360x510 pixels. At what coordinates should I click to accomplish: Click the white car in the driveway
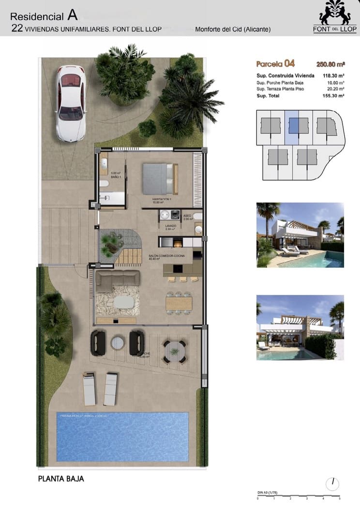pos(71,102)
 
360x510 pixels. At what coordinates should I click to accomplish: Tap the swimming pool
pos(122,436)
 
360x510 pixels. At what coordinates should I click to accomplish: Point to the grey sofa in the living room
pos(118,279)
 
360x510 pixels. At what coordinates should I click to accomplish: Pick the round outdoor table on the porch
pos(174,351)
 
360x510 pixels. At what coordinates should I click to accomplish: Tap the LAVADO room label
pos(170,226)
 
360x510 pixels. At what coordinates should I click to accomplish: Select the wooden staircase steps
pos(128,257)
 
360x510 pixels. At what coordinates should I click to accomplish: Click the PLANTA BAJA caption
pos(61,479)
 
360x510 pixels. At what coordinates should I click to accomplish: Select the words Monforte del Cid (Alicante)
pos(233,29)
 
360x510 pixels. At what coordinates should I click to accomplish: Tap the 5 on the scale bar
pos(340,498)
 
